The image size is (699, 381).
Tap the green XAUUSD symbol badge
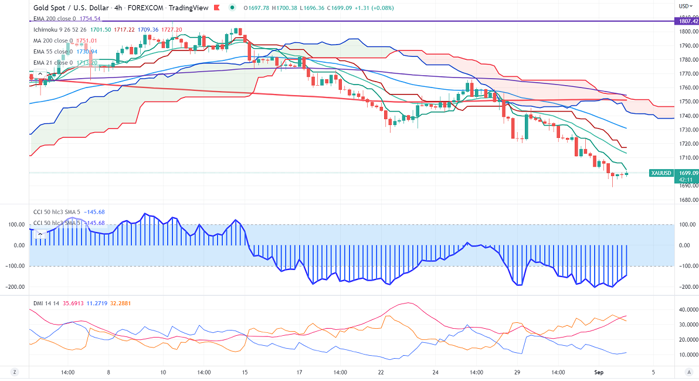coord(661,173)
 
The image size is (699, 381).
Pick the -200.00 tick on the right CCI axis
coord(686,287)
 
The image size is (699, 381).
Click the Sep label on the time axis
coord(599,372)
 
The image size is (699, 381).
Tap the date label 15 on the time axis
coord(245,372)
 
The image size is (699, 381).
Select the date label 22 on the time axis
coord(381,372)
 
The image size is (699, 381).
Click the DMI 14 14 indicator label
coord(46,304)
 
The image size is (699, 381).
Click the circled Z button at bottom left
coord(14,372)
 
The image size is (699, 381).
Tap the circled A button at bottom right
coord(688,372)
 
